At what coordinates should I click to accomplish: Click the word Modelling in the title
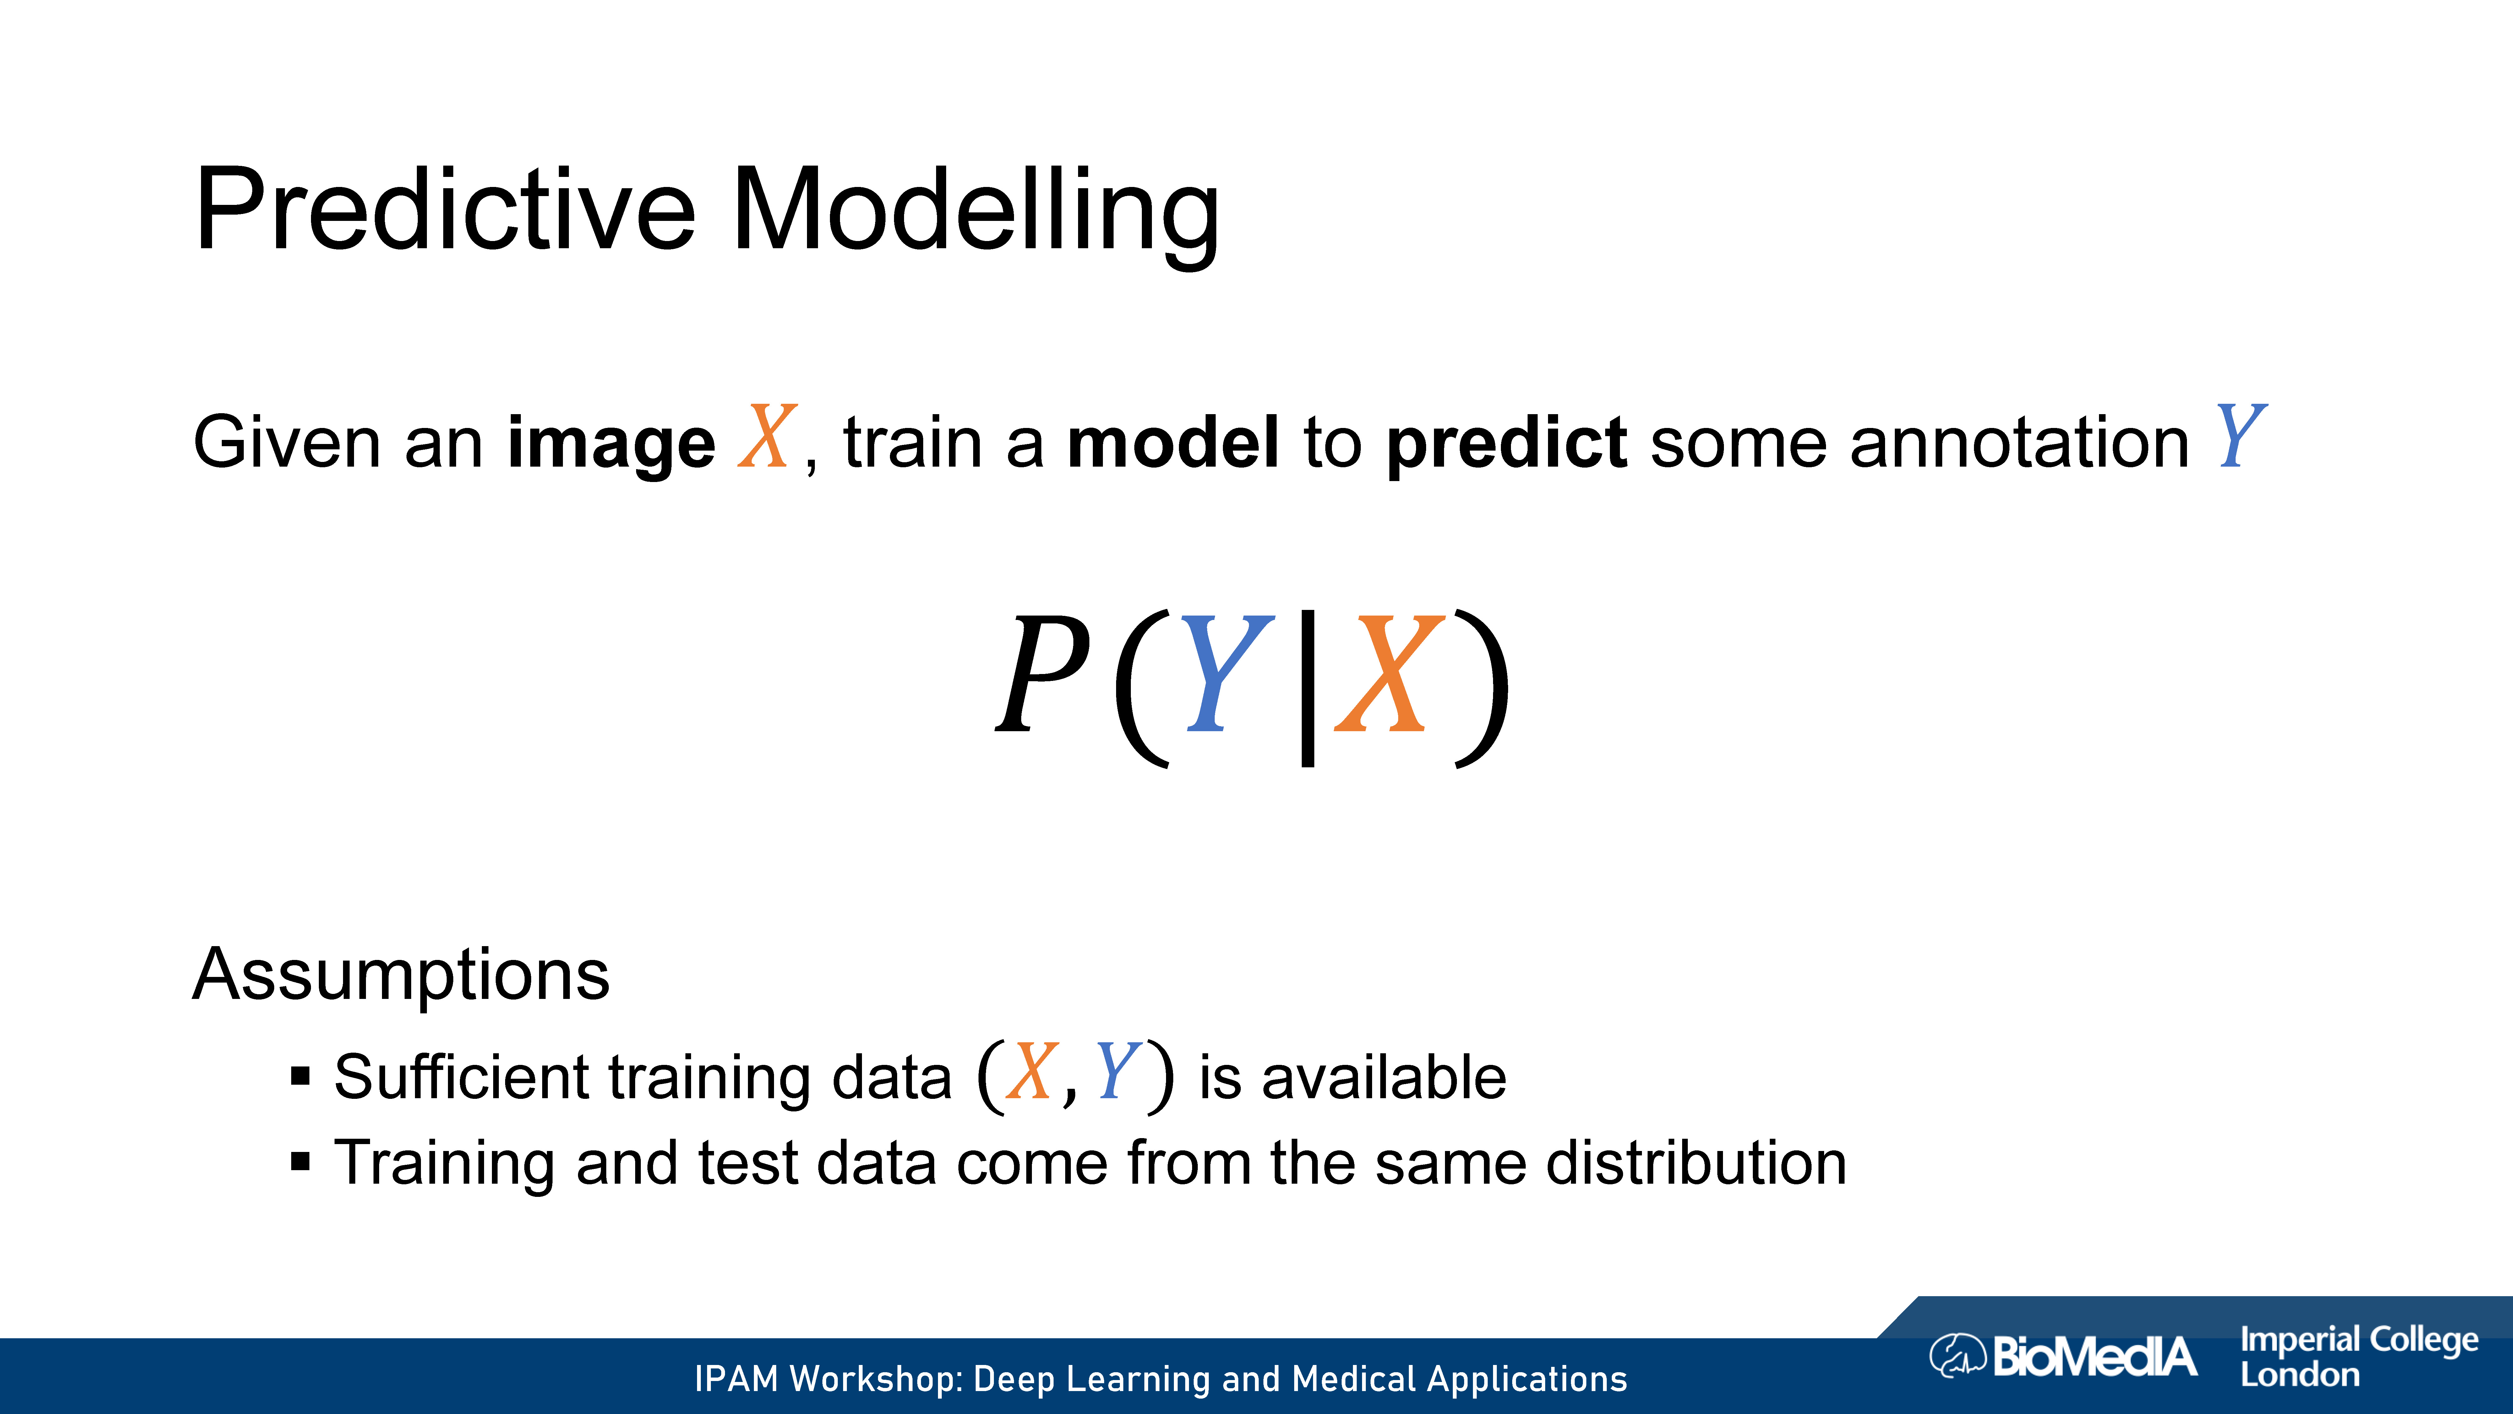click(976, 215)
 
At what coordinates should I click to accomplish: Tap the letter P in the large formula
click(1042, 674)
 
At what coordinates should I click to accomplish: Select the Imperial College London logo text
click(2359, 1356)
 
